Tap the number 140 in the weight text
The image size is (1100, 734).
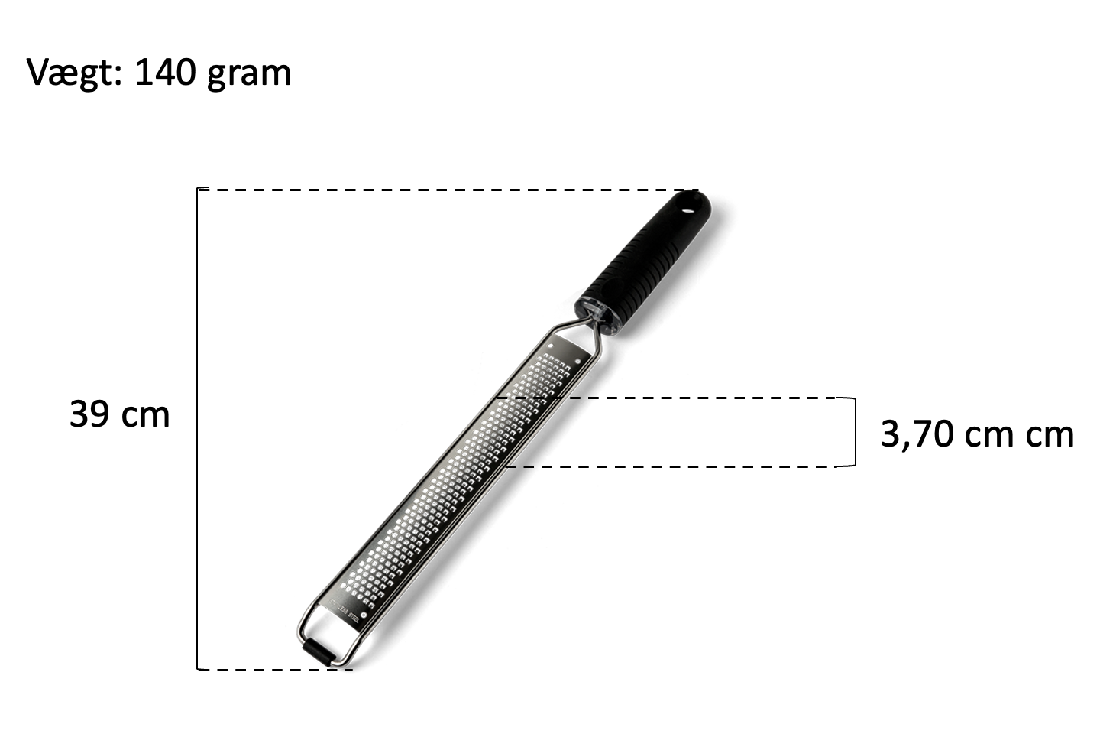pos(165,73)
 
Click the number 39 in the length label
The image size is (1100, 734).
pos(89,414)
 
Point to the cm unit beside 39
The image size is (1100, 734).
pos(145,417)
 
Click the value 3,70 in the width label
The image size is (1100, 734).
pos(918,434)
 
